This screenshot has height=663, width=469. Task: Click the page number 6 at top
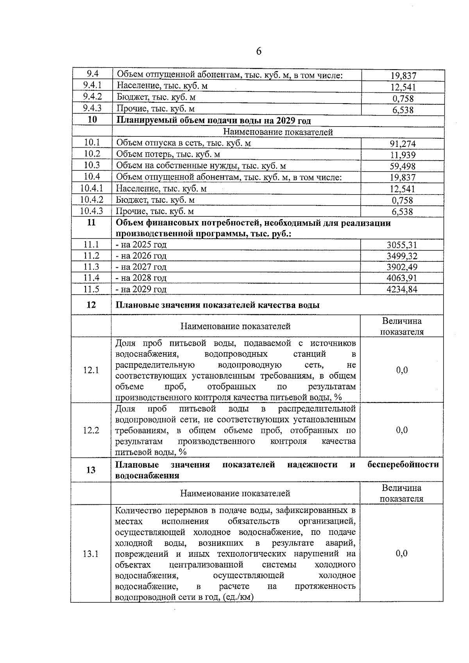click(x=259, y=52)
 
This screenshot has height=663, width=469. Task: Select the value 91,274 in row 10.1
click(x=403, y=144)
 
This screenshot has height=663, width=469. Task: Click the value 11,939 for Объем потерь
click(x=403, y=155)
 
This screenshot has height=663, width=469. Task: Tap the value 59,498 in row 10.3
click(x=403, y=166)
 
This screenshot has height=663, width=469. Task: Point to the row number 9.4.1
click(x=92, y=85)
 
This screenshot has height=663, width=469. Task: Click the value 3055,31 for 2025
click(x=402, y=245)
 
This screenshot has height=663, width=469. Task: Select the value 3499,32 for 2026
click(x=402, y=256)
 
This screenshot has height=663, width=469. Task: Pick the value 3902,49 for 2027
click(x=402, y=267)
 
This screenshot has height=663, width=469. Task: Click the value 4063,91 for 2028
click(x=402, y=278)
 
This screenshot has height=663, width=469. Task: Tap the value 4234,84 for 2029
click(x=402, y=290)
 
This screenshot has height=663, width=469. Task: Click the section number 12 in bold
click(x=91, y=305)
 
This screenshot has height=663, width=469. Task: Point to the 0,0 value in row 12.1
click(x=402, y=370)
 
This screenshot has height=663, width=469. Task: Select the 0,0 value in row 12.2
click(x=402, y=430)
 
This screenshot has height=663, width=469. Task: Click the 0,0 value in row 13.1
click(x=401, y=553)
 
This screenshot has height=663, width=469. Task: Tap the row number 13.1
click(x=91, y=554)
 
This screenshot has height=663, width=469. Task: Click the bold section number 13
click(x=91, y=470)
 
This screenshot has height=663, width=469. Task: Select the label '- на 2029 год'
click(x=141, y=290)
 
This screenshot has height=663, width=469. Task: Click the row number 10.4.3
click(x=91, y=211)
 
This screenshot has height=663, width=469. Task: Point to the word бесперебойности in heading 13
click(x=403, y=465)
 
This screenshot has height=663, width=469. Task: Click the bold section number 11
click(x=91, y=223)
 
